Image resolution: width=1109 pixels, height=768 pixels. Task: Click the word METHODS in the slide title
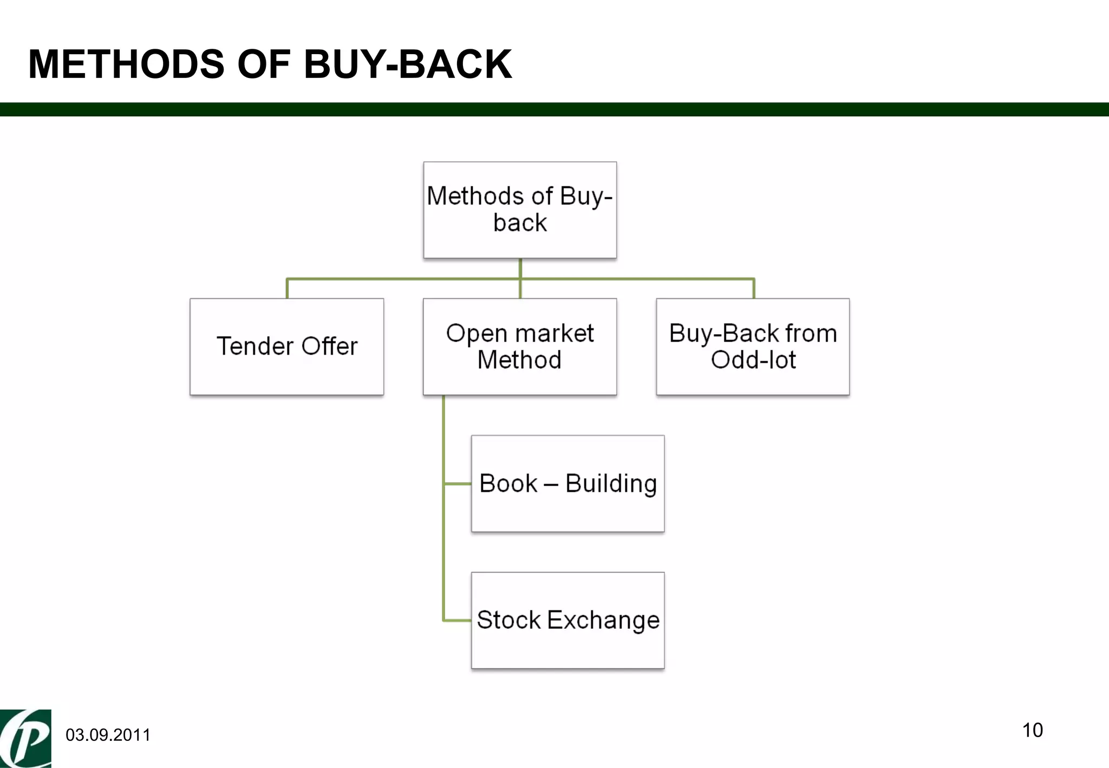(126, 64)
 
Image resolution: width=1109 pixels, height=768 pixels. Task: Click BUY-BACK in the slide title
(408, 64)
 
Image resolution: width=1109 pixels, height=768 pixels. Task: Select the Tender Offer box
(286, 347)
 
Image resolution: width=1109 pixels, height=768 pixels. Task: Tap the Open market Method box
(520, 347)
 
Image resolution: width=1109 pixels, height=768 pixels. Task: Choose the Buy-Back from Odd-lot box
(753, 347)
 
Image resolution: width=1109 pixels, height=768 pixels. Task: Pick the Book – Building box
(567, 484)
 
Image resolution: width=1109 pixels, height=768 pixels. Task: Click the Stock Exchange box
(567, 621)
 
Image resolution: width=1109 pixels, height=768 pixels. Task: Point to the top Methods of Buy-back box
(520, 210)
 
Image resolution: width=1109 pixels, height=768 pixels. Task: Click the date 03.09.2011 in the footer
(108, 735)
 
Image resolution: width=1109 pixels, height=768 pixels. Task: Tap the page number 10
(1032, 730)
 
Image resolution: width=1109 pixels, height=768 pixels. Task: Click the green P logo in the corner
(25, 738)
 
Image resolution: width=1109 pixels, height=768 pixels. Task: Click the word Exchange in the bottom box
(603, 620)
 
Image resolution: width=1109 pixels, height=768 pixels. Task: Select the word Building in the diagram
(611, 484)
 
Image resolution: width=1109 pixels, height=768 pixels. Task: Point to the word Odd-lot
(753, 360)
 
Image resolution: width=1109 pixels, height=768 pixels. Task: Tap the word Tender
(255, 346)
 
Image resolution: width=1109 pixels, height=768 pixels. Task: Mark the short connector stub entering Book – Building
(458, 484)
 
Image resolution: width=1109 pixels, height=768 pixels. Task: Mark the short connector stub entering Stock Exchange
(458, 620)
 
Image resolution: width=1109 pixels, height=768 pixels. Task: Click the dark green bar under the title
(554, 109)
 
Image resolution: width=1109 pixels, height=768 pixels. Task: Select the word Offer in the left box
(329, 346)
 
